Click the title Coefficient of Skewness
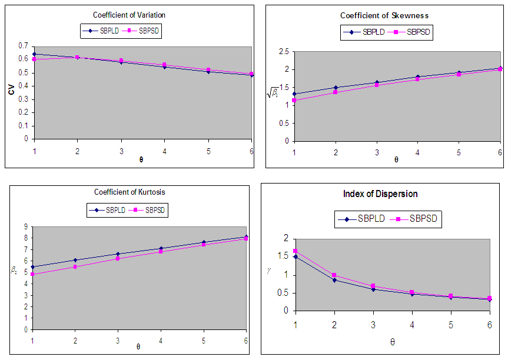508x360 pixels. pos(384,15)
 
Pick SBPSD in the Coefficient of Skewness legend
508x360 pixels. pos(418,32)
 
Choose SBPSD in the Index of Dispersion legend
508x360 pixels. pos(424,219)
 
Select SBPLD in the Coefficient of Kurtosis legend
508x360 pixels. pos(118,209)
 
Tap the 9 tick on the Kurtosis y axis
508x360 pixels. pos(26,226)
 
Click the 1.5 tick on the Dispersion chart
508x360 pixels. pos(285,257)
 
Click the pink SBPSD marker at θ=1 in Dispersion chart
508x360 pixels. pos(295,251)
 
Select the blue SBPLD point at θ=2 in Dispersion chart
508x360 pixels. pos(334,279)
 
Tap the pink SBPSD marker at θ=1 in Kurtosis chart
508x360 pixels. pos(33,274)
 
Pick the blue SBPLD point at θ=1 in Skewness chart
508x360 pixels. pos(294,94)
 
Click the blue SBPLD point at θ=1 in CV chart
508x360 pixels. pos(34,54)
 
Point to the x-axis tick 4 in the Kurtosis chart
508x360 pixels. pos(161,341)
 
